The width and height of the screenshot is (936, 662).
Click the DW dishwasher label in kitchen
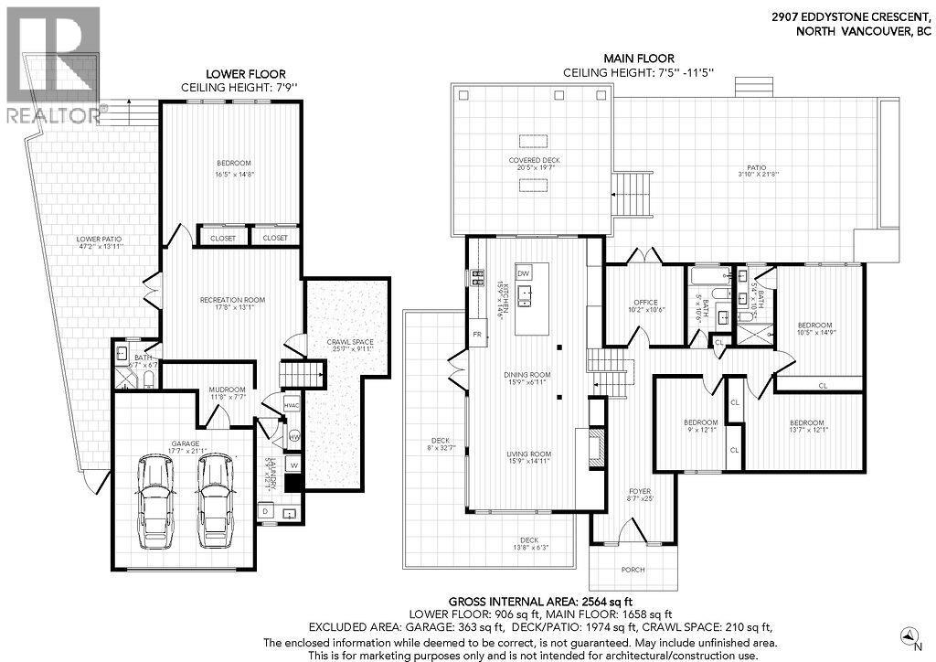[523, 273]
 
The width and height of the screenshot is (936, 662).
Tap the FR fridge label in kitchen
[477, 335]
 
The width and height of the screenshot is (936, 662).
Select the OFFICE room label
[646, 303]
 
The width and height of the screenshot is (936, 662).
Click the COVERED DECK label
[535, 160]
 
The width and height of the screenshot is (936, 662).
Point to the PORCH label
[633, 570]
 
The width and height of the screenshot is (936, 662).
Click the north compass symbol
[905, 633]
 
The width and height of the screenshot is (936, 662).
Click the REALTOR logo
[52, 64]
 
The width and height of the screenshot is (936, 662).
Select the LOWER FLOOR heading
[245, 74]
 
